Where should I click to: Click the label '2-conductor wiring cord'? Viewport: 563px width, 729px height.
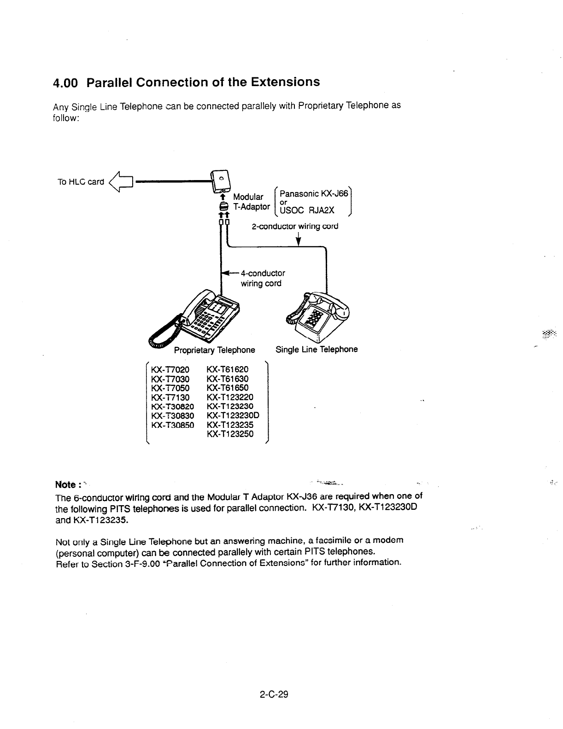coord(295,226)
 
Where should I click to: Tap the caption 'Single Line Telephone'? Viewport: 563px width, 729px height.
coord(317,349)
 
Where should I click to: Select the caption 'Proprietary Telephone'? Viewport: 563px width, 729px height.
coord(214,350)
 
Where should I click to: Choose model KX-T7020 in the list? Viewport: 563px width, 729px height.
coord(170,369)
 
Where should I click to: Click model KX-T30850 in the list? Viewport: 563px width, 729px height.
coord(172,425)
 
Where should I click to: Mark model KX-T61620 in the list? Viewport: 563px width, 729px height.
coord(228,369)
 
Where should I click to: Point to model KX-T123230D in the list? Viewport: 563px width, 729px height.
coord(233,415)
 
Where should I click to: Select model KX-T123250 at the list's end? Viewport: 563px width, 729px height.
coord(230,434)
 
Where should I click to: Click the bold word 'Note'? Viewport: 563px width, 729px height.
coord(65,484)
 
